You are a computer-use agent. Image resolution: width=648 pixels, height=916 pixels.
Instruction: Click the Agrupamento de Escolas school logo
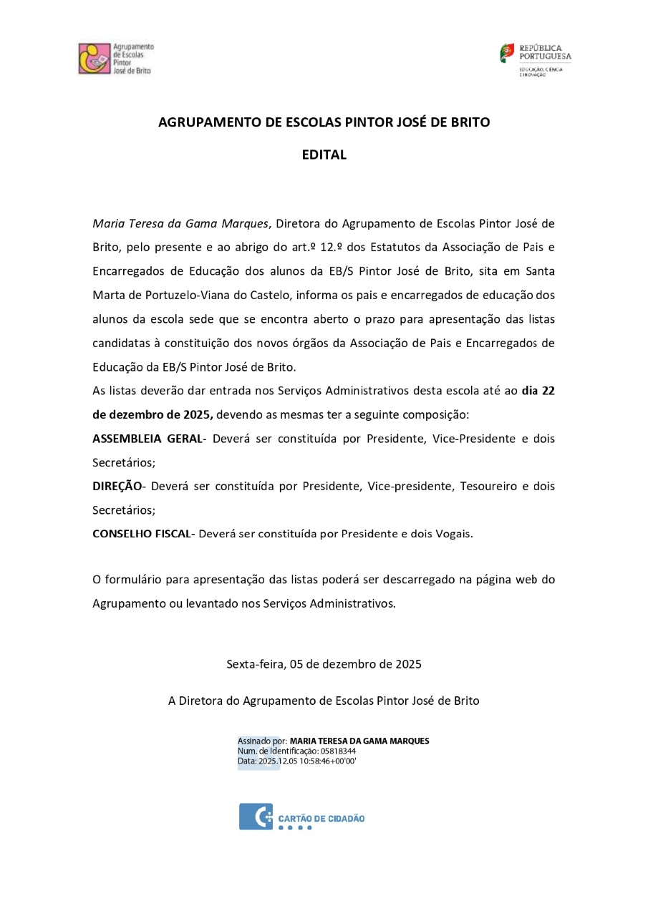point(115,59)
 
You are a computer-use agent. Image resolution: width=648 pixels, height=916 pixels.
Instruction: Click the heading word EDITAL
point(324,155)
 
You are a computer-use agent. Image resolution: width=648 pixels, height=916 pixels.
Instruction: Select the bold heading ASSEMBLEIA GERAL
point(148,438)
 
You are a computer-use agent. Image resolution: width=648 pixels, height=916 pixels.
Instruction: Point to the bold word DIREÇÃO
point(117,486)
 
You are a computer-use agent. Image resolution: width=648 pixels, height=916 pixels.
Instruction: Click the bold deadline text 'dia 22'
point(538,391)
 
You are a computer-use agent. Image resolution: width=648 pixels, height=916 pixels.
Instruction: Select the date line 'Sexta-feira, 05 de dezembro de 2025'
point(324,663)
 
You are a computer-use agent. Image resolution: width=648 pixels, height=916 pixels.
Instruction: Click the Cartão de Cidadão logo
point(301,817)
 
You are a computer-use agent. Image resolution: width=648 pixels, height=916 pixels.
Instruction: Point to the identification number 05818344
point(338,751)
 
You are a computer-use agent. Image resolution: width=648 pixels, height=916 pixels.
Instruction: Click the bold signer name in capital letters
point(359,741)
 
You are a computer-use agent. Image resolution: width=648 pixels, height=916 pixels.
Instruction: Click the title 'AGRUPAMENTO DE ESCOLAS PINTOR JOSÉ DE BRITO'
point(324,122)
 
